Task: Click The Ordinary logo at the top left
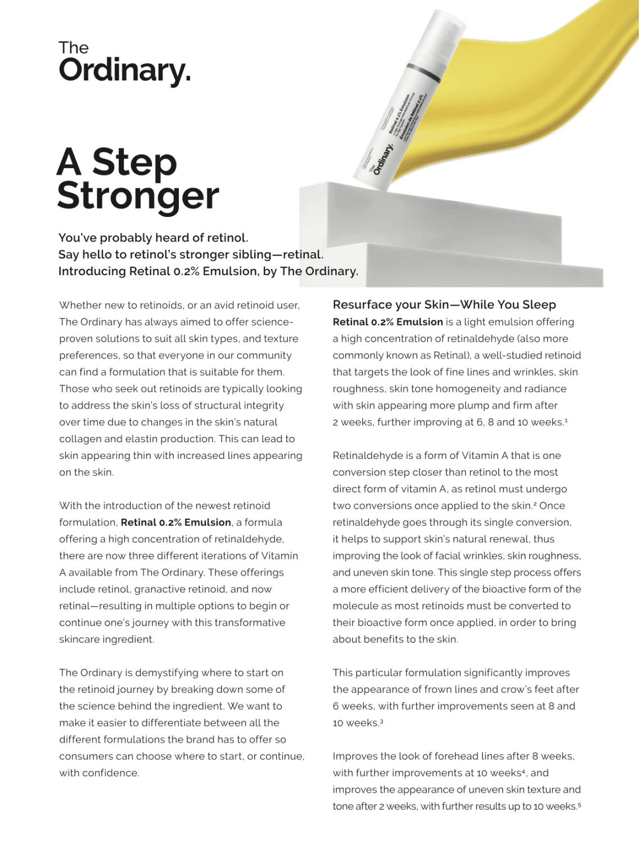tap(124, 63)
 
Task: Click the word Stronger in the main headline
tap(138, 196)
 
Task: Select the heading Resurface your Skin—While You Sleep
tap(444, 305)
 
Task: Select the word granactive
tap(160, 589)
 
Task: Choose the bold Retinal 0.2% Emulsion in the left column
tap(175, 523)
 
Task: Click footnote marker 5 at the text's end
tap(579, 805)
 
